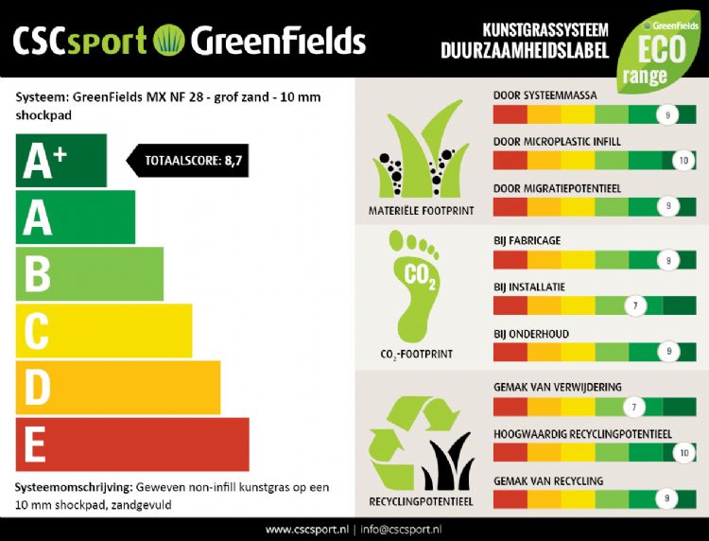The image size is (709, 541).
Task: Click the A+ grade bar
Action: (61, 161)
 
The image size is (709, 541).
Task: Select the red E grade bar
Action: (132, 444)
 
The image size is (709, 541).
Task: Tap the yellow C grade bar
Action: (104, 331)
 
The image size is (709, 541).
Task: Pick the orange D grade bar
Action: (118, 388)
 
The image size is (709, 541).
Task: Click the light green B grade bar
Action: (90, 274)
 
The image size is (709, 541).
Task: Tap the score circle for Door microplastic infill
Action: (683, 162)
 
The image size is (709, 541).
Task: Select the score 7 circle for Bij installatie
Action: (636, 305)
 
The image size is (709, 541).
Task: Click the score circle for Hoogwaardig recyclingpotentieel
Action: (683, 453)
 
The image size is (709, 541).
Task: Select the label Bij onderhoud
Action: (532, 334)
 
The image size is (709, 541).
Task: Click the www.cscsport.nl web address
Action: (306, 529)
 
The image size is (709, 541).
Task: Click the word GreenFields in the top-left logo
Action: (278, 40)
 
